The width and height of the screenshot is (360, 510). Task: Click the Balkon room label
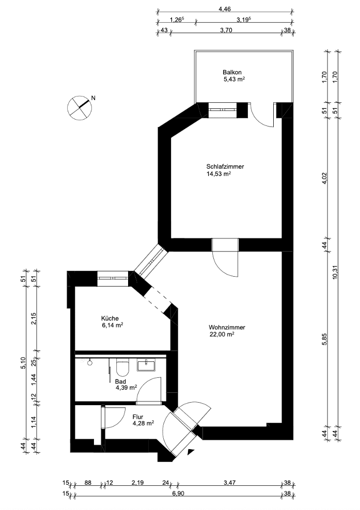pyautogui.click(x=232, y=72)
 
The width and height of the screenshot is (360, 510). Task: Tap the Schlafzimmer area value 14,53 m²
pyautogui.click(x=218, y=174)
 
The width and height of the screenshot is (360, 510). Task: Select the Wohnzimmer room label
pyautogui.click(x=227, y=327)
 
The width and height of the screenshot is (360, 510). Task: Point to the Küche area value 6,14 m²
pyautogui.click(x=112, y=326)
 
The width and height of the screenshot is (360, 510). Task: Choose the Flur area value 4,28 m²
pyautogui.click(x=143, y=423)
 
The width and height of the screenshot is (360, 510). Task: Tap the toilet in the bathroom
pyautogui.click(x=123, y=368)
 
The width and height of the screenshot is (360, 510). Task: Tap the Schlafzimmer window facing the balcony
pyautogui.click(x=222, y=110)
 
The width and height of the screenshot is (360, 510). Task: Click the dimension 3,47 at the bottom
pyautogui.click(x=229, y=484)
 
